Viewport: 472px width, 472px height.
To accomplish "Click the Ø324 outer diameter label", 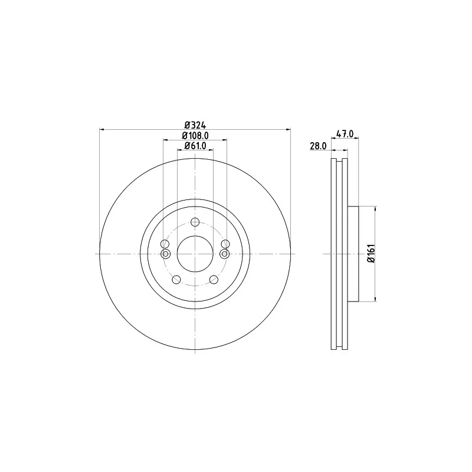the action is coord(195,124).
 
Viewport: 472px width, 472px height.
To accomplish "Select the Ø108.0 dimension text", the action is coord(195,136).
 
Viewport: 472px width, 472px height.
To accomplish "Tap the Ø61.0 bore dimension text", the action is coord(195,146).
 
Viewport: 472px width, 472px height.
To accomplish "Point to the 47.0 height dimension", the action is coord(345,134).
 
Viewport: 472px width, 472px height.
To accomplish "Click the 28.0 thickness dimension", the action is coord(318,146).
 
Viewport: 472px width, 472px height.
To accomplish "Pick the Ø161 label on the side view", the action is coord(372,254).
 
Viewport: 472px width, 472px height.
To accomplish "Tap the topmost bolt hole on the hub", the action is coord(195,222).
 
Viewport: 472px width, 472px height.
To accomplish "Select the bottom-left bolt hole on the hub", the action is coord(176,280).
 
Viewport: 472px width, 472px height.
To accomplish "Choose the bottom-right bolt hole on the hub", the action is coord(214,280).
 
